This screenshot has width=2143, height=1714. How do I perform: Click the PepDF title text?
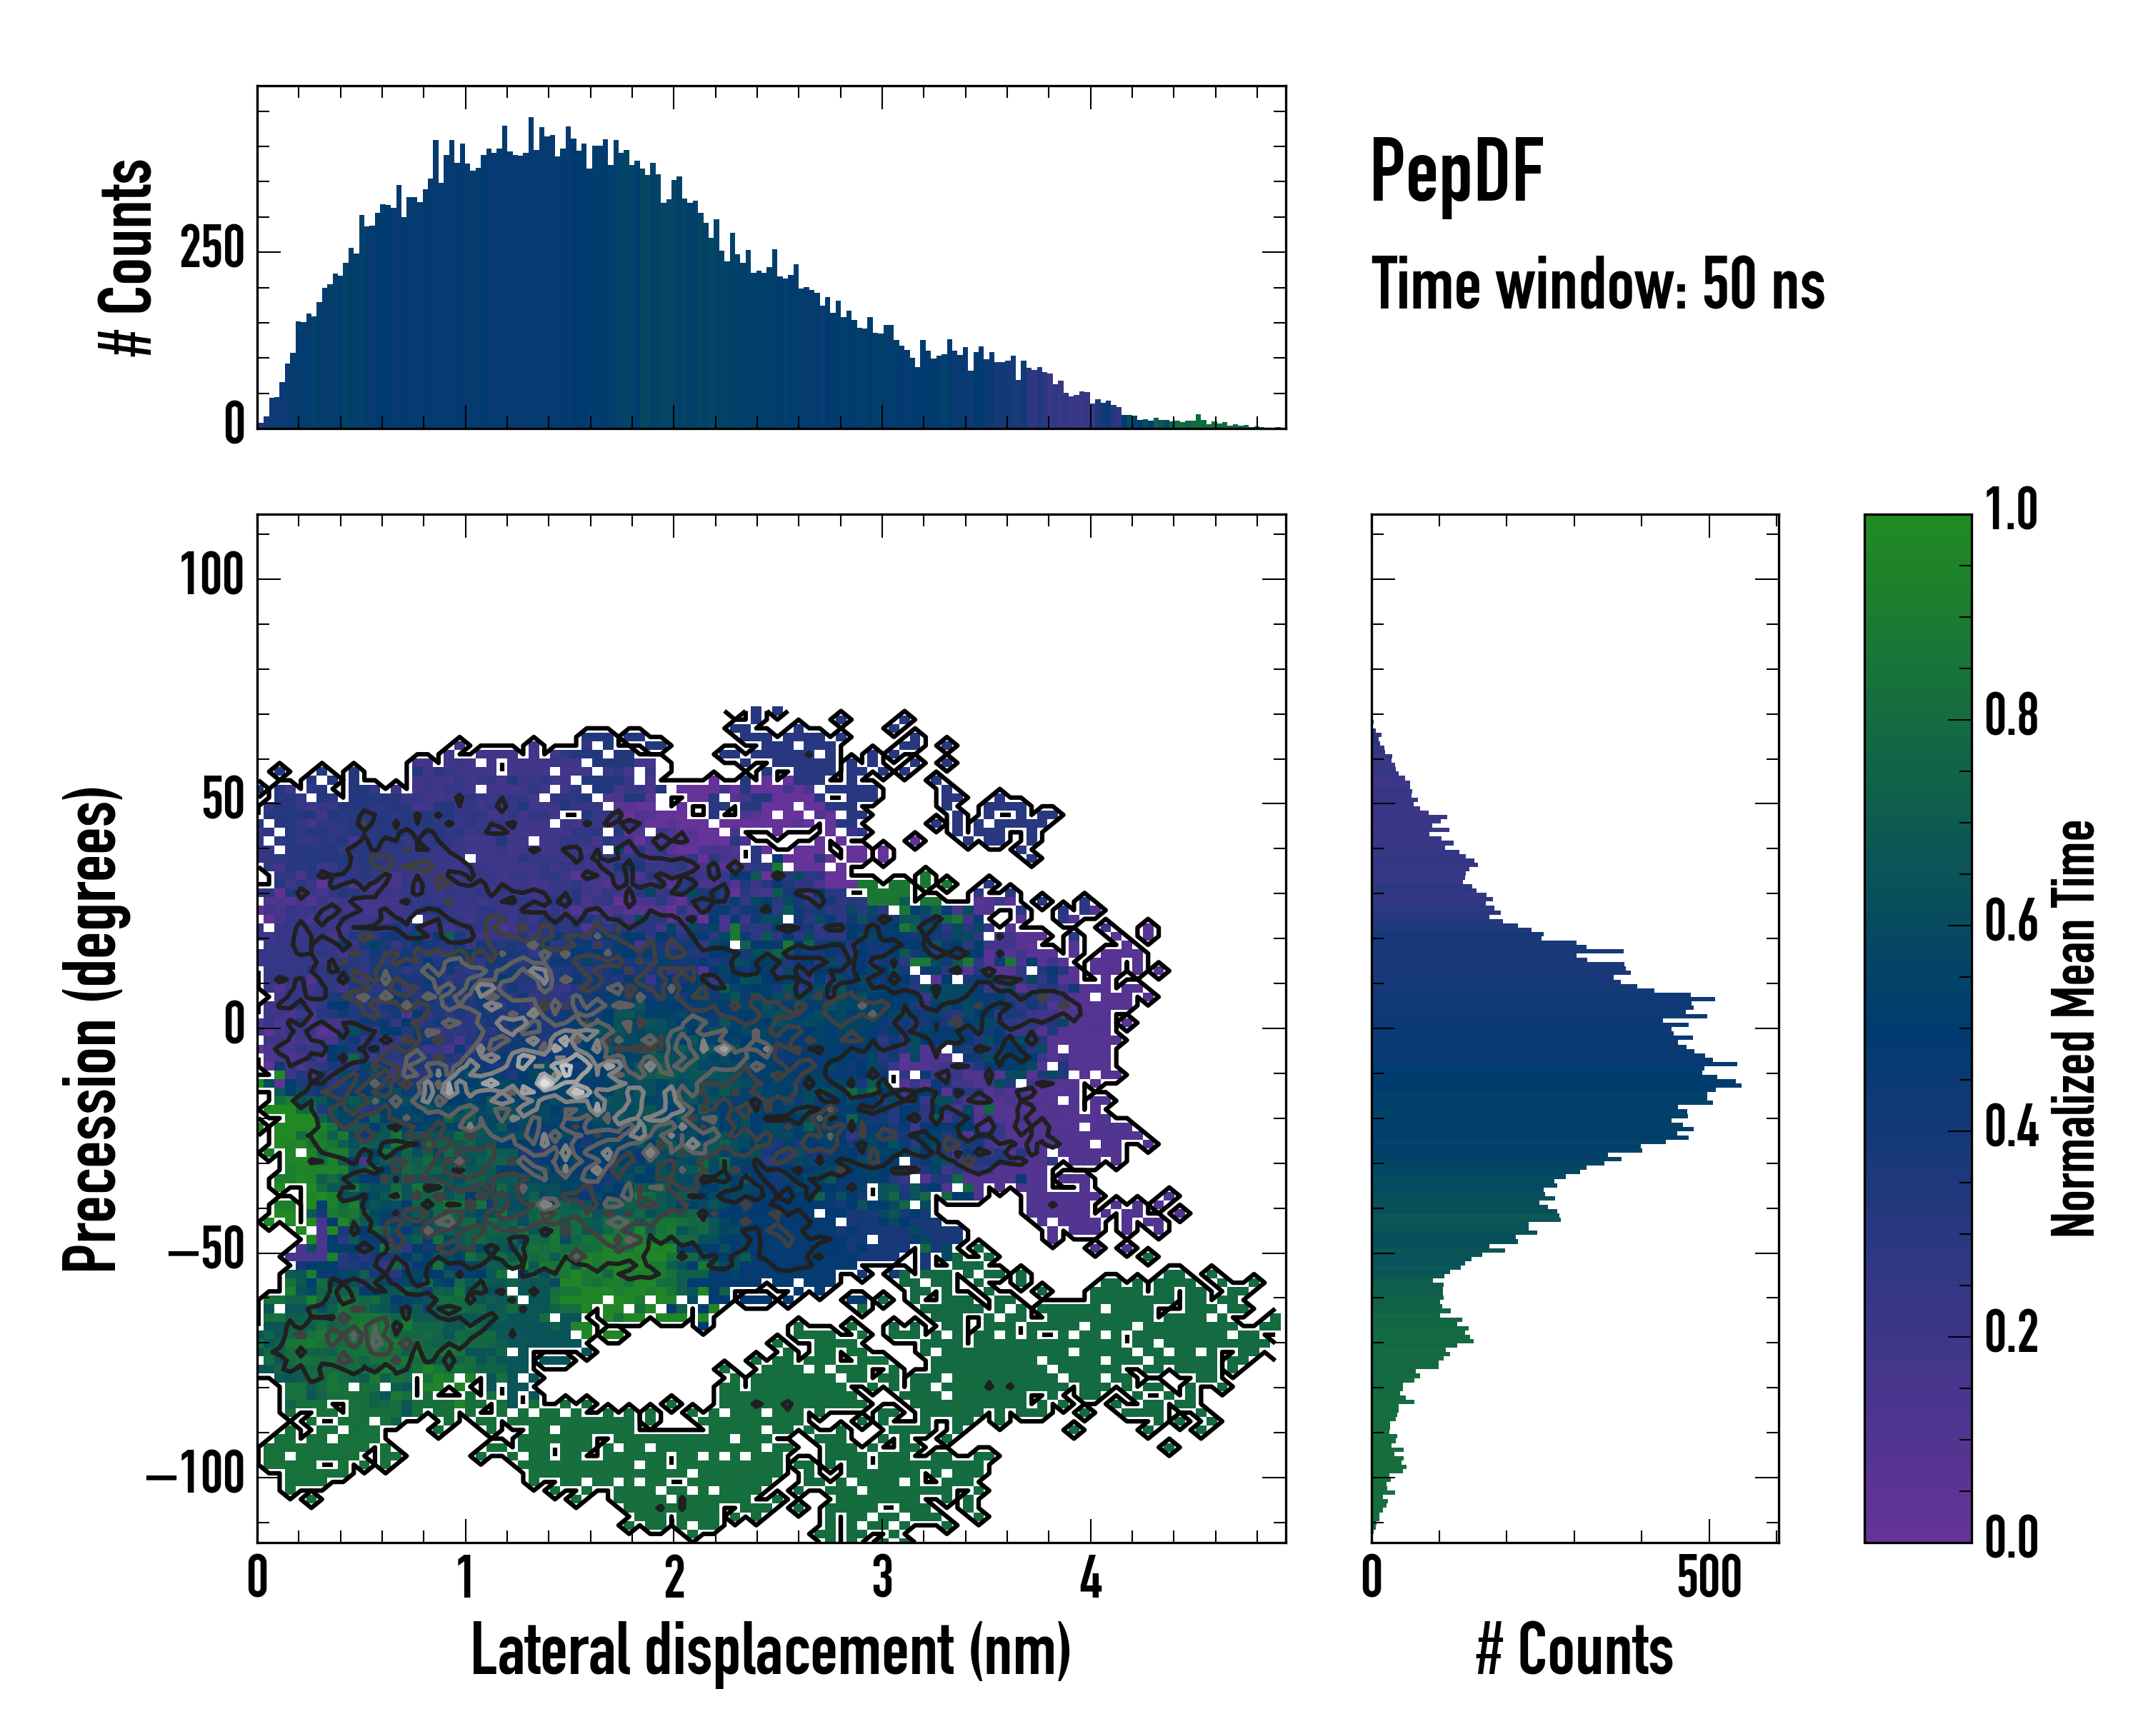pyautogui.click(x=1455, y=172)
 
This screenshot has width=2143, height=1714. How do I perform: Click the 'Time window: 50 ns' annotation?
pyautogui.click(x=1597, y=284)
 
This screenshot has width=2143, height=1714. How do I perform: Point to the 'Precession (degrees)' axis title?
pyautogui.click(x=91, y=1028)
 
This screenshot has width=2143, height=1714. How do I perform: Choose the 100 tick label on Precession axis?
pyautogui.click(x=211, y=576)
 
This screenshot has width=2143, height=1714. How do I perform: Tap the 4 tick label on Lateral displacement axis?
pyautogui.click(x=1090, y=1578)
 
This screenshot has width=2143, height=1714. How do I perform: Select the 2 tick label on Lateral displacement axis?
pyautogui.click(x=674, y=1578)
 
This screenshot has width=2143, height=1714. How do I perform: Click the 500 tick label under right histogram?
pyautogui.click(x=1709, y=1578)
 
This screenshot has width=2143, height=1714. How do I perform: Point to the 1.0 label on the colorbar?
pyautogui.click(x=2011, y=510)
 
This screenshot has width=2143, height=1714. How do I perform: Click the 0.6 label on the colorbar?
pyautogui.click(x=2011, y=921)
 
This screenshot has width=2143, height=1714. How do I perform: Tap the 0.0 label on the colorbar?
pyautogui.click(x=2011, y=1537)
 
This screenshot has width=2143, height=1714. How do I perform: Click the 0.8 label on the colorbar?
pyautogui.click(x=2011, y=716)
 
